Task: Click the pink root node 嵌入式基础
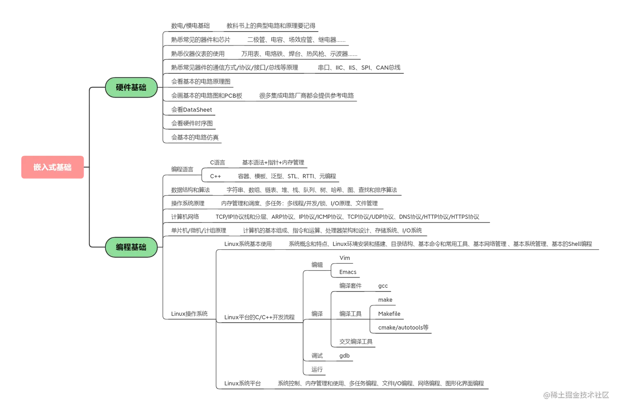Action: coord(52,167)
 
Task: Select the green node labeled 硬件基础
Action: coord(131,87)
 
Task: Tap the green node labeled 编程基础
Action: coord(131,247)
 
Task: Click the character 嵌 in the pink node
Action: coord(37,167)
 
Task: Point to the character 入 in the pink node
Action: coord(45,167)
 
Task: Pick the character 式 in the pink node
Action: coord(52,167)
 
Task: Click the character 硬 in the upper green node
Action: coord(120,87)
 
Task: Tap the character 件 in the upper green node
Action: coord(128,87)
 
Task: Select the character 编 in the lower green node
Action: coord(120,247)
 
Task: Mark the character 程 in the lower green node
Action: coord(128,247)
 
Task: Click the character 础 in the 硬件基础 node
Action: coord(143,87)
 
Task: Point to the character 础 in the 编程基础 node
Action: coord(143,247)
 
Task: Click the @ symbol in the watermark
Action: coord(546,395)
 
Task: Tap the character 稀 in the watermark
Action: coord(553,394)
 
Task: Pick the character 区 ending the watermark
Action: coord(605,394)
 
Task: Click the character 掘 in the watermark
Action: coord(569,394)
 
